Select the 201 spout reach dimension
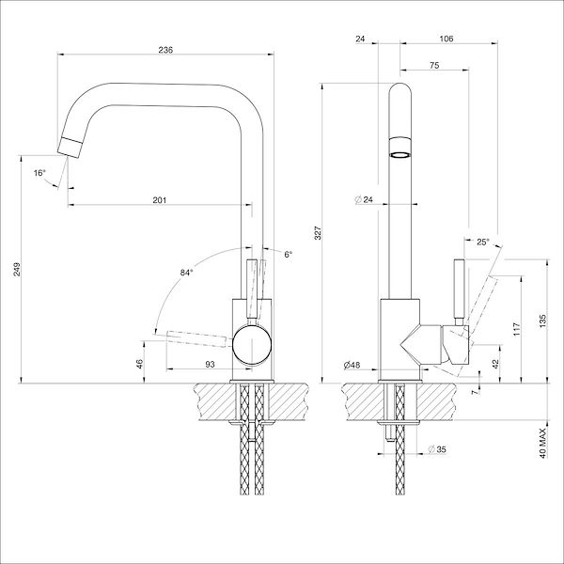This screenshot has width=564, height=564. tap(160, 199)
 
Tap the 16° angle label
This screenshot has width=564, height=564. tap(39, 173)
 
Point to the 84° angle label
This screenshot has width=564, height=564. tap(186, 273)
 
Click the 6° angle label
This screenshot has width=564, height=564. tap(288, 255)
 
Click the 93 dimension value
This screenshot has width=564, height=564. tap(210, 364)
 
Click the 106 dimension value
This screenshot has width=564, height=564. tap(446, 39)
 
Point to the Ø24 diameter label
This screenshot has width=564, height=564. tap(365, 199)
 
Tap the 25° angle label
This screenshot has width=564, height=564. tap(483, 243)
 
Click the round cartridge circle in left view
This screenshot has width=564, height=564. tap(252, 346)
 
